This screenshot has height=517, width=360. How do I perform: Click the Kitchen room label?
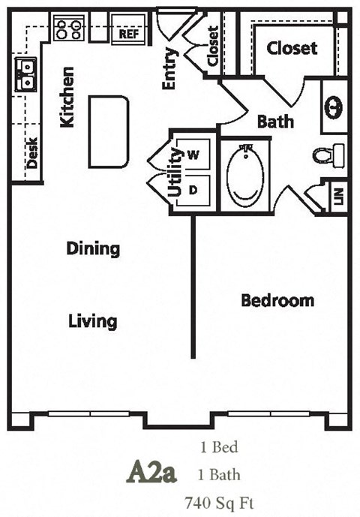[x=67, y=97]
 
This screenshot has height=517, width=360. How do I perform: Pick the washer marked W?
[x=193, y=155]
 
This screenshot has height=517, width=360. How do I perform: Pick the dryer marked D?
[x=193, y=190]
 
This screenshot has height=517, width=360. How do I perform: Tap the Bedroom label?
[x=277, y=301]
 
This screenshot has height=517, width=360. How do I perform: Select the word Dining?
[x=92, y=248]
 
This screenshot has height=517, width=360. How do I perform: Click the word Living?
[x=92, y=322]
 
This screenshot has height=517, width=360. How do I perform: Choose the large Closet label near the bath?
[x=292, y=48]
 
